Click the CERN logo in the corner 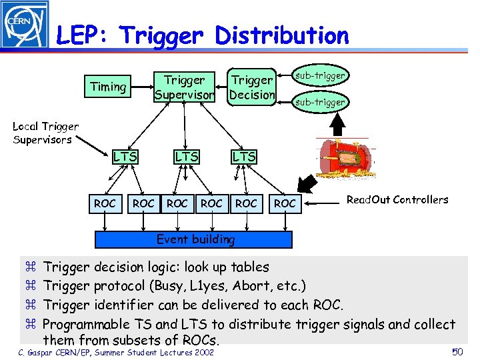25,25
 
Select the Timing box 108,87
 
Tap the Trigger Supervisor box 185,87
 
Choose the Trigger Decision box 251,87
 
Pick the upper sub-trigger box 321,76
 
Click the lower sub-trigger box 321,102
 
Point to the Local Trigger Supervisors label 45,133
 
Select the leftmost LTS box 125,157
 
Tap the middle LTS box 186,157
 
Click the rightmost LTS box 243,157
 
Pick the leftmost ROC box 105,203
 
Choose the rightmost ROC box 285,203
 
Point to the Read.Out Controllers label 397,199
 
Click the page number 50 457,351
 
